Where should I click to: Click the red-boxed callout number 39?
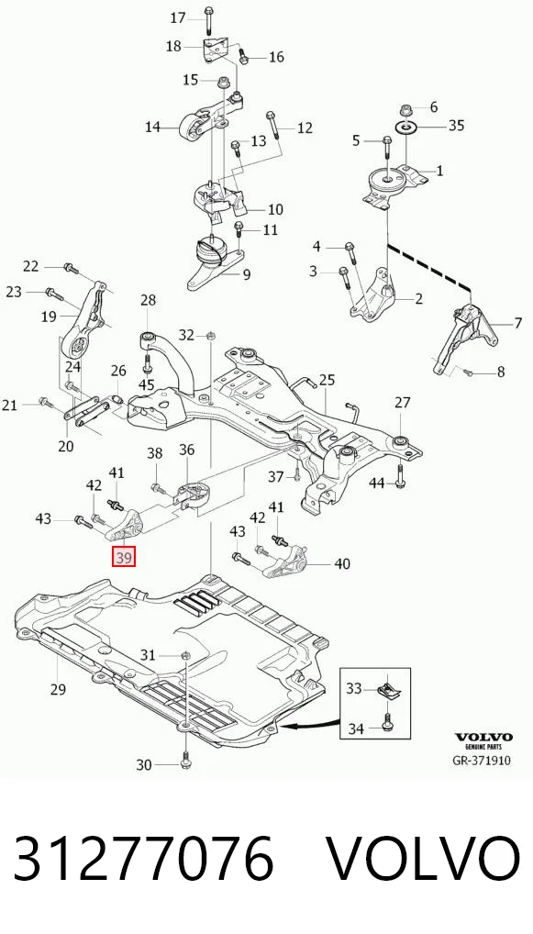(125, 558)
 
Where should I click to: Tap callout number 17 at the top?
(178, 17)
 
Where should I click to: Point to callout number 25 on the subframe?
(327, 380)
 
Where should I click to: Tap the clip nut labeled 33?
(388, 689)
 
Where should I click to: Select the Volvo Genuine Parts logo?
(483, 741)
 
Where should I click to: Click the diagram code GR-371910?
(482, 760)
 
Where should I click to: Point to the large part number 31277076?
(143, 858)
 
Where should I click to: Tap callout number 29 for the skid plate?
(58, 690)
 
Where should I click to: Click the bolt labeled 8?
(467, 372)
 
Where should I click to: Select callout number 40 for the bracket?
(342, 563)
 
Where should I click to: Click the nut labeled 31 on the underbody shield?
(184, 655)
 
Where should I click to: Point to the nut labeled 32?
(210, 337)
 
